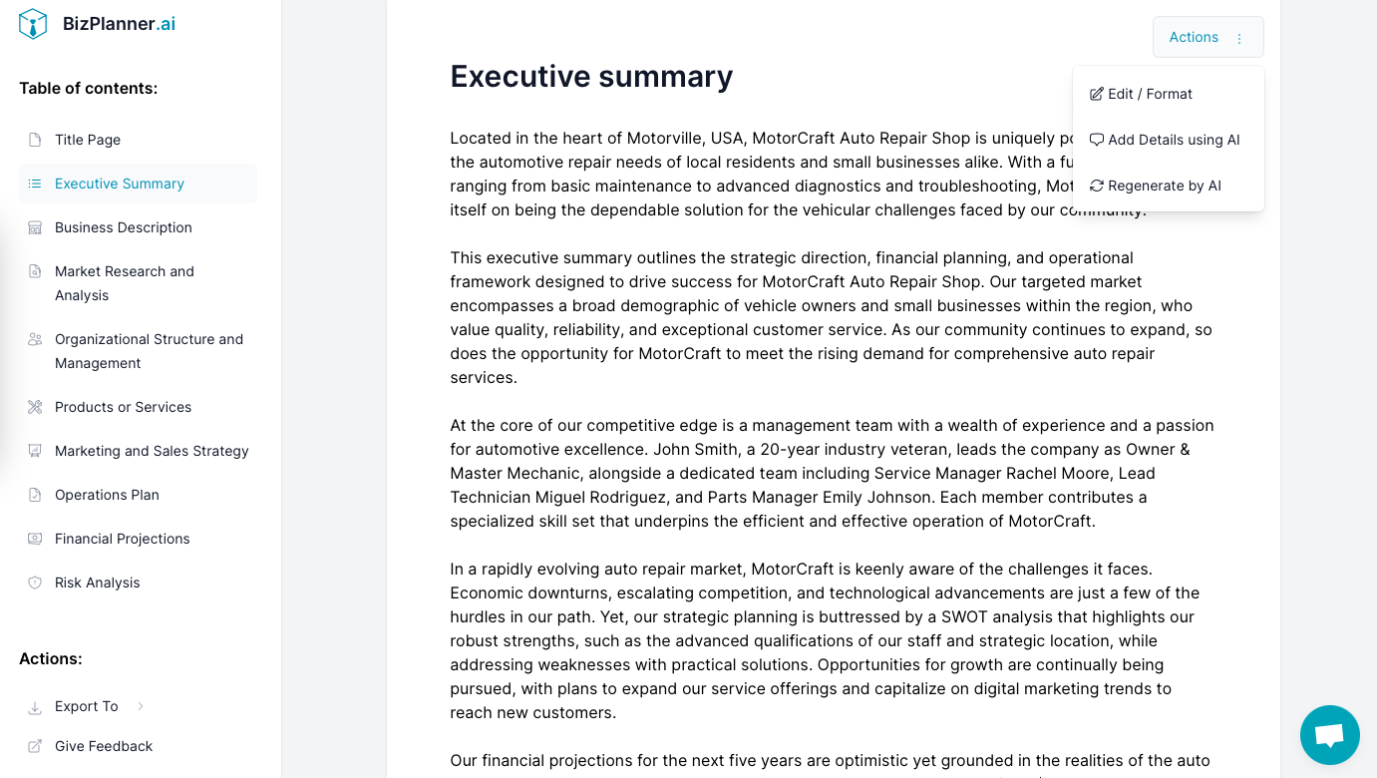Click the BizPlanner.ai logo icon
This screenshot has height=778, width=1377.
[x=33, y=24]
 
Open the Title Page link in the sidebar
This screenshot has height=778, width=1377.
[x=88, y=140]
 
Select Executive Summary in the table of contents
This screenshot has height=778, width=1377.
[x=120, y=184]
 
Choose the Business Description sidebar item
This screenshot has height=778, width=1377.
[x=124, y=227]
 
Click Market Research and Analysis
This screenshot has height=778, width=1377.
[x=125, y=283]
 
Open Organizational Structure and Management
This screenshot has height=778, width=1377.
[x=149, y=351]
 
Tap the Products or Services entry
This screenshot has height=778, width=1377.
[x=123, y=407]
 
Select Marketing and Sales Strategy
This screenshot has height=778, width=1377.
[x=152, y=451]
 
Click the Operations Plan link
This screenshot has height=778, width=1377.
[x=107, y=495]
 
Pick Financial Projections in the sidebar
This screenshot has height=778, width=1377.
[x=122, y=539]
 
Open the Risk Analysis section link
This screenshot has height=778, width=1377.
[x=98, y=583]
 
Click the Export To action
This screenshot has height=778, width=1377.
[x=87, y=706]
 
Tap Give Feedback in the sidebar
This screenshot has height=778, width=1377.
[x=104, y=746]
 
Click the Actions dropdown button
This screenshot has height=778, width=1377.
[x=1207, y=37]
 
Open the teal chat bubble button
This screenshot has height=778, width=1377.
[x=1329, y=735]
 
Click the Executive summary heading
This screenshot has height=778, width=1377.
[x=591, y=77]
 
